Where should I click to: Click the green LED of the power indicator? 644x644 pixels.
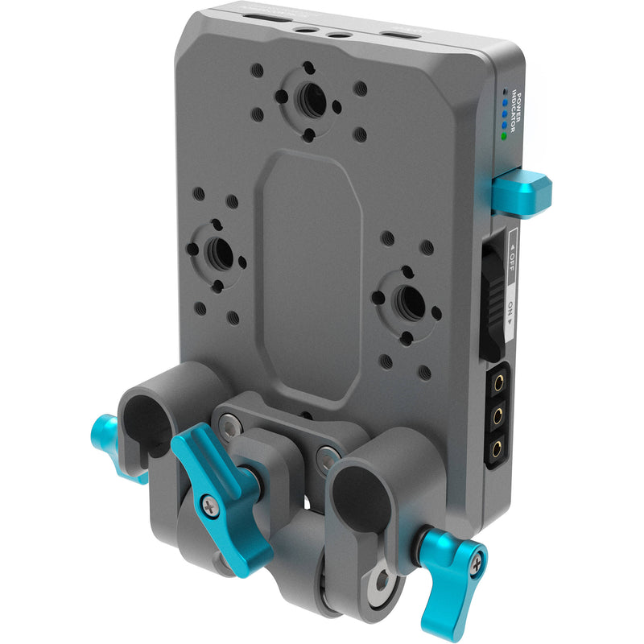click(x=504, y=136)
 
